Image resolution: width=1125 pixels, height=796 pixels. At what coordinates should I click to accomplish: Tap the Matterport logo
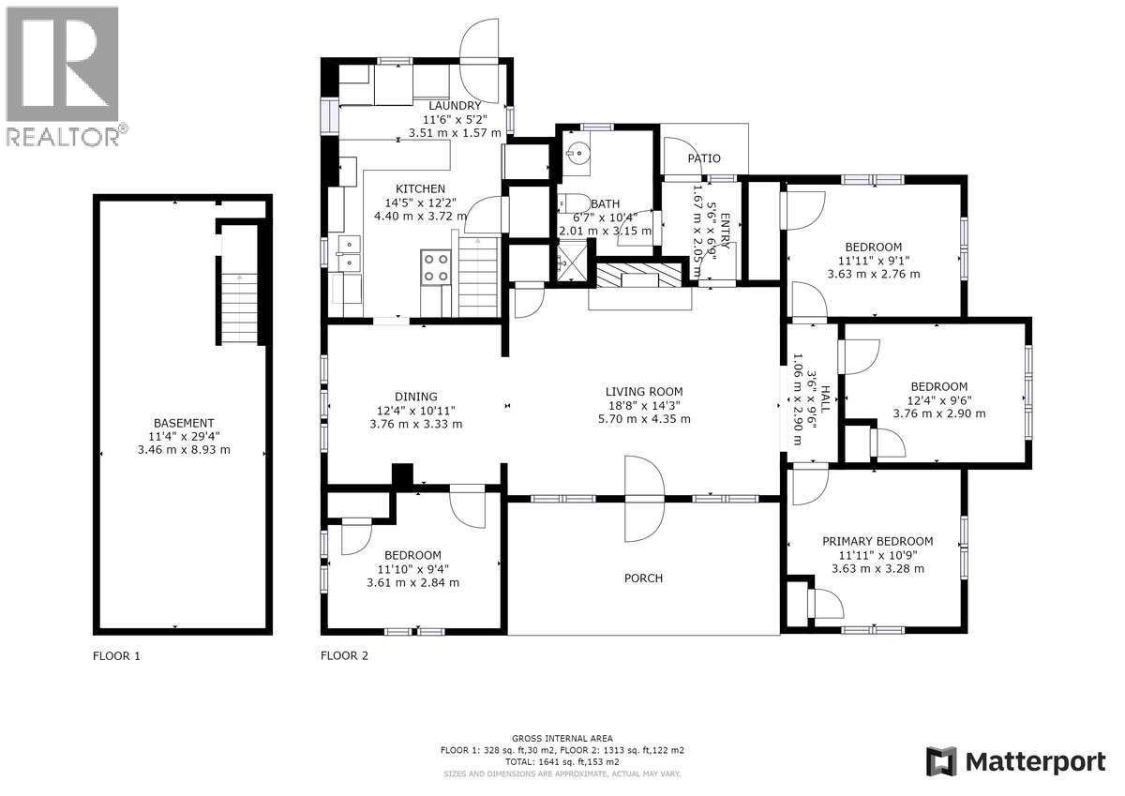[1015, 761]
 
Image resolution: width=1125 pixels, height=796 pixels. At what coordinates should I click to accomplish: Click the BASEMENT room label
[184, 423]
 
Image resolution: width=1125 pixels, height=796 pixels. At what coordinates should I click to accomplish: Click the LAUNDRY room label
[455, 106]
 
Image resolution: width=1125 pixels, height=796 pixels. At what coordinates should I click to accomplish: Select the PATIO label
[703, 159]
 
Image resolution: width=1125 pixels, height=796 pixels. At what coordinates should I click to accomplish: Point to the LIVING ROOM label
[643, 392]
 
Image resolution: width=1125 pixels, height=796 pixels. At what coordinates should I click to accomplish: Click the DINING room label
[415, 397]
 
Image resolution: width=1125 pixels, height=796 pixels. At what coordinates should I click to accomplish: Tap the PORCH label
[643, 578]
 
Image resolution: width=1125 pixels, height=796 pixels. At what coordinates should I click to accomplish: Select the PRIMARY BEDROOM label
[877, 541]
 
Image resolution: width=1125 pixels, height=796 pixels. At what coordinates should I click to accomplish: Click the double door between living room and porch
[643, 499]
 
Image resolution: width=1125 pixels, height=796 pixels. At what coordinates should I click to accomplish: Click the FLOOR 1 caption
[116, 656]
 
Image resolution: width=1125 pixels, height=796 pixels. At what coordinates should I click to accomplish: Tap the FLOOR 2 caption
[344, 656]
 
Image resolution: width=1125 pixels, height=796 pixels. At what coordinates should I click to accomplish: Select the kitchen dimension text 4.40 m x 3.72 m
[420, 216]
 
